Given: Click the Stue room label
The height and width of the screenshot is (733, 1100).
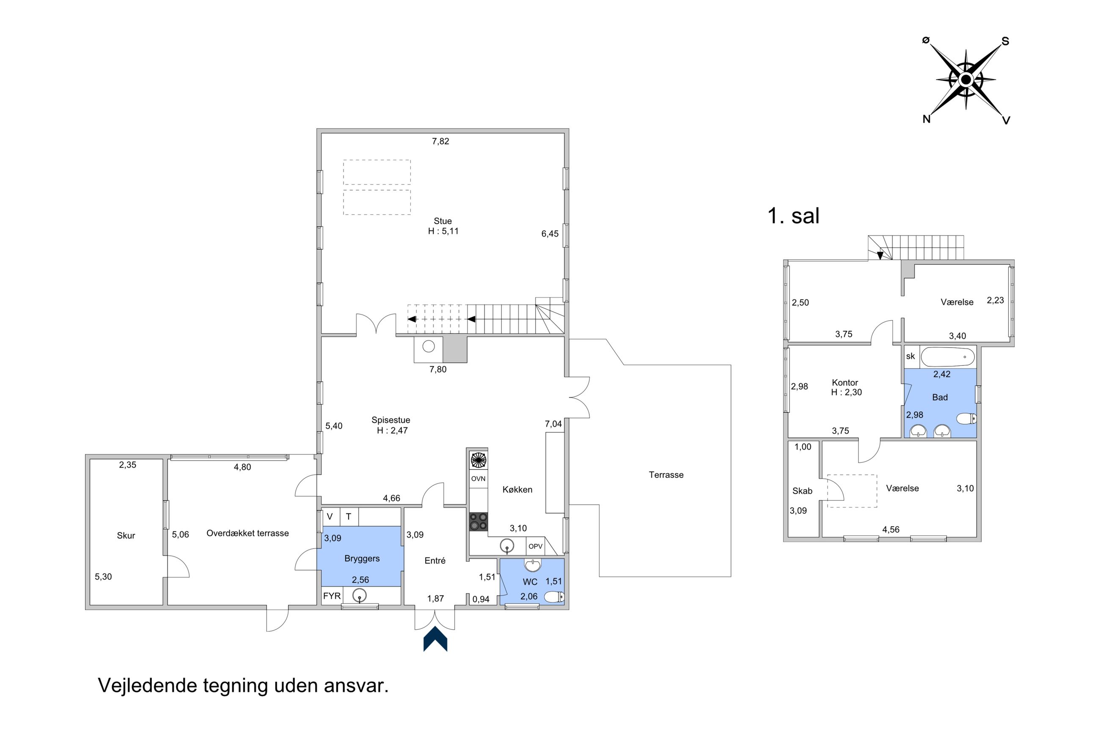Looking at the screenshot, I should [x=442, y=221].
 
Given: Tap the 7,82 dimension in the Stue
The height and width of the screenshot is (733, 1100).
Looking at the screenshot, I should [x=440, y=141].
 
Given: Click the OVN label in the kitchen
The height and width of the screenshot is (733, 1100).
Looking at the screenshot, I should [x=478, y=479].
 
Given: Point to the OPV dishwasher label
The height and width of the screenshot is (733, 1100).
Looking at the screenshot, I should [x=535, y=546].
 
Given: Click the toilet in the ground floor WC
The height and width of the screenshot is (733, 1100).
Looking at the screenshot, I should [x=554, y=597].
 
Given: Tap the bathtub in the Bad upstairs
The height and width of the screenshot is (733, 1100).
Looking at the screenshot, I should [x=947, y=357].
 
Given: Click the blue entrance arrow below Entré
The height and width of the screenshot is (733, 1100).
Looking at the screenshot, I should [x=435, y=640].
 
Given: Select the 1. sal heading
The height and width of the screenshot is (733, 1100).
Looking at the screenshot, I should [x=793, y=216].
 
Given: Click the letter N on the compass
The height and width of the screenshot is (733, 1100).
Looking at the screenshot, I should [x=926, y=119].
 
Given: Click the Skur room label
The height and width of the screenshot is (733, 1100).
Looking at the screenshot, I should [x=126, y=536].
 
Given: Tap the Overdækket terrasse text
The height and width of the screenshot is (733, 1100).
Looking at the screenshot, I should [x=247, y=533].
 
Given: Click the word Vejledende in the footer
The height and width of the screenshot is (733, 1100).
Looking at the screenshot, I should [x=147, y=686].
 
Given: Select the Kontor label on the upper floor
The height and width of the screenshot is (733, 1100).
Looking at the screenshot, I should [x=845, y=382].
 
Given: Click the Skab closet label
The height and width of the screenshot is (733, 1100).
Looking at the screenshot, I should [x=802, y=491].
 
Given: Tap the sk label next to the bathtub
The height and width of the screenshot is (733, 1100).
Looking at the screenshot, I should [x=910, y=356].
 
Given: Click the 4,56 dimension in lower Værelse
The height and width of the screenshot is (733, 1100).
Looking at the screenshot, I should [x=891, y=530].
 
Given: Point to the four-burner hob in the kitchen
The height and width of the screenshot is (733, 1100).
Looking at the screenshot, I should [x=478, y=522].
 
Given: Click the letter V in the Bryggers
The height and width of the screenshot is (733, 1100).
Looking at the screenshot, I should [x=330, y=516].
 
